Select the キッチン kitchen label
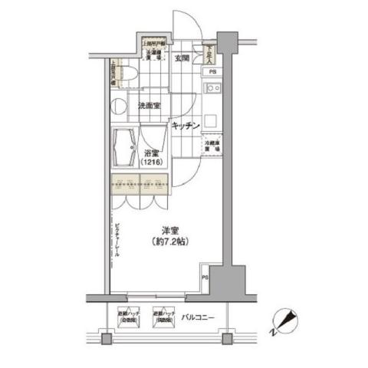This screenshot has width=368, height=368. tap(186, 124)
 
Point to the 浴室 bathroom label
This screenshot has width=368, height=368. tap(149, 153)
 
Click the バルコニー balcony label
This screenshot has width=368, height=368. tap(197, 317)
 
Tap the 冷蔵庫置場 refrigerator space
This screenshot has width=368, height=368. tap(211, 146)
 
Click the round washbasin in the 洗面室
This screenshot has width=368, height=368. tap(119, 105)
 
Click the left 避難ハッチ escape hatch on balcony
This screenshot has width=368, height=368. tap(128, 317)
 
